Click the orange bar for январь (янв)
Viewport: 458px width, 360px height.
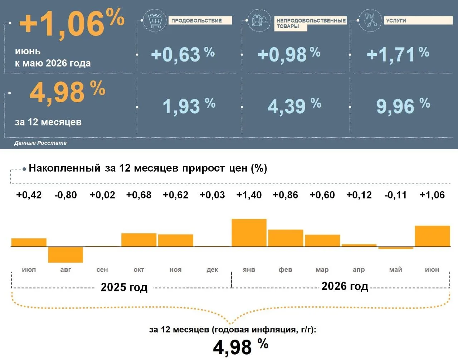click(249, 233)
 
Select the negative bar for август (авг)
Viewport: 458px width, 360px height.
click(65, 255)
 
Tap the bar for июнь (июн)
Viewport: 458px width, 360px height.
click(433, 236)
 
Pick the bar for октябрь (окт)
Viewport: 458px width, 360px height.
click(139, 240)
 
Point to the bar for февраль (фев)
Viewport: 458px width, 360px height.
click(286, 238)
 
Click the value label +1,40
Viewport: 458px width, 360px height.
click(249, 195)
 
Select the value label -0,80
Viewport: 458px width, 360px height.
click(65, 195)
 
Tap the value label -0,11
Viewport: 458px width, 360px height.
click(395, 195)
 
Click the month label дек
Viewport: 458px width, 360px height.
click(212, 270)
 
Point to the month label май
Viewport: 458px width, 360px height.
click(396, 270)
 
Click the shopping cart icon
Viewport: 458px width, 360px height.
click(155, 20)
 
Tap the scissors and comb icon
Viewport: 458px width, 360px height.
click(370, 20)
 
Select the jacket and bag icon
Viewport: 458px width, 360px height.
click(259, 20)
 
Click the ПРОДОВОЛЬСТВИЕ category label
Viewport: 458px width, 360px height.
click(197, 20)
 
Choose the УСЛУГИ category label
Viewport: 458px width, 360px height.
click(396, 20)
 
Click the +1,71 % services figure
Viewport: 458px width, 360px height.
click(398, 55)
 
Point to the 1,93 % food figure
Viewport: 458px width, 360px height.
click(189, 106)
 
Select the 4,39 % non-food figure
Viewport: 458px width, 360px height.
click(294, 106)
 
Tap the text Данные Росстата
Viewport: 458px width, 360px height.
click(40, 143)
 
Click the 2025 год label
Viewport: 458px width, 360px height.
click(124, 287)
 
